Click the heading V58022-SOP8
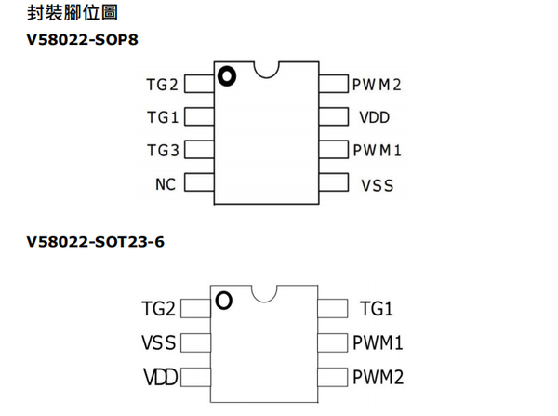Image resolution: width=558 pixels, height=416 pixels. pyautogui.click(x=88, y=40)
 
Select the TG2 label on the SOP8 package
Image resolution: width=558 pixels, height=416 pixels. pyautogui.click(x=162, y=85)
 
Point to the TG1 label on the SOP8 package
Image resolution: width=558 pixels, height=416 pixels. pyautogui.click(x=162, y=118)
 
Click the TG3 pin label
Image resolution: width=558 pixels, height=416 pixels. pyautogui.click(x=162, y=150)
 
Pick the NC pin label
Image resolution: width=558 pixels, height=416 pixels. pyautogui.click(x=166, y=183)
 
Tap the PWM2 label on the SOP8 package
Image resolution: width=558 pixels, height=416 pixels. pyautogui.click(x=377, y=85)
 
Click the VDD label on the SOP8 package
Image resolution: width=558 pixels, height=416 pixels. pyautogui.click(x=374, y=118)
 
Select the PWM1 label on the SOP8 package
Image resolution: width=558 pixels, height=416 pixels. pyautogui.click(x=377, y=150)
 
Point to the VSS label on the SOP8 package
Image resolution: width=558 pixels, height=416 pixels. pyautogui.click(x=377, y=184)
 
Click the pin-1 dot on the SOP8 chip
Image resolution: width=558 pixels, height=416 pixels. pyautogui.click(x=227, y=76)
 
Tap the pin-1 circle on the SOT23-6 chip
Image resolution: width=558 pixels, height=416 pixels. pyautogui.click(x=223, y=300)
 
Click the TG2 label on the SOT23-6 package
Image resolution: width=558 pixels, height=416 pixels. pyautogui.click(x=158, y=309)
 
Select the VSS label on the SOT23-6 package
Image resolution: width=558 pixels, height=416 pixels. pyautogui.click(x=158, y=342)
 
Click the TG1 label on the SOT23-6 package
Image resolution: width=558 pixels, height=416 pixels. pyautogui.click(x=377, y=309)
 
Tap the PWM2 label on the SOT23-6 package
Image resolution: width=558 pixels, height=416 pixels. pyautogui.click(x=378, y=377)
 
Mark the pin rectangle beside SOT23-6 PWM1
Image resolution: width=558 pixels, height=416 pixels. pyautogui.click(x=333, y=342)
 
